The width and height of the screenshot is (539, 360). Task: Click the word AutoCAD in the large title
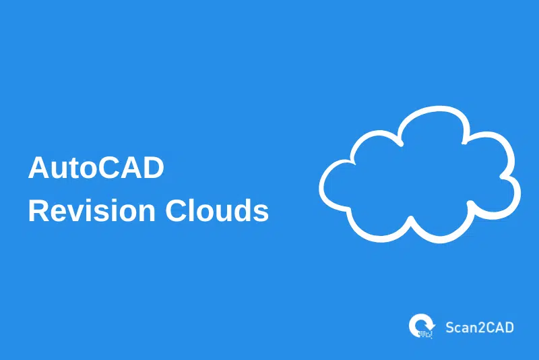tap(96, 168)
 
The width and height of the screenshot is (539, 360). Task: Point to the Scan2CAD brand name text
tap(480, 328)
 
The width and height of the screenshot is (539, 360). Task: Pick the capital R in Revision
tap(38, 210)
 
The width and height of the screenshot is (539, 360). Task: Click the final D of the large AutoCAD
tap(154, 168)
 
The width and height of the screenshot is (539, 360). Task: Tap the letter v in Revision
tap(71, 213)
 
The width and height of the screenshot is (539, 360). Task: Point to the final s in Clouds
tap(261, 213)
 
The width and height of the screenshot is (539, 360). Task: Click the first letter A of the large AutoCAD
tap(38, 168)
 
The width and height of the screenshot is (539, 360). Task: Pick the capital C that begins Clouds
tap(172, 210)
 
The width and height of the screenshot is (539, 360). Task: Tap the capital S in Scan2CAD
tap(450, 328)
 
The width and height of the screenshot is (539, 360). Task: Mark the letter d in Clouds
tap(242, 210)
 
